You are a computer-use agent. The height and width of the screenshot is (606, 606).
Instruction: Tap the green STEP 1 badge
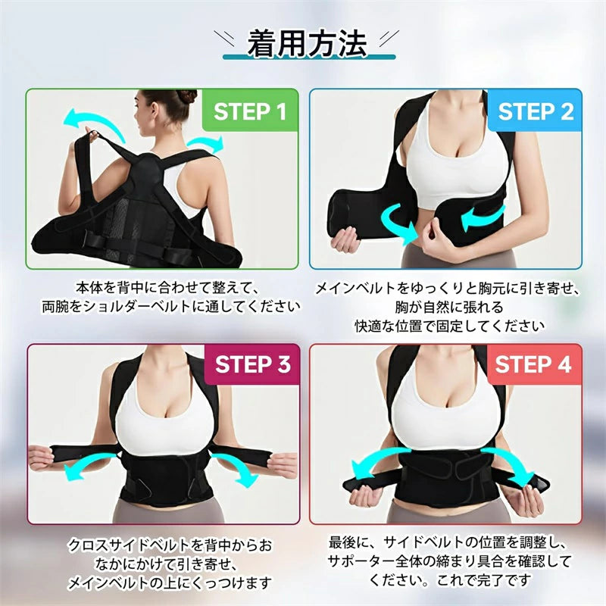250,112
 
